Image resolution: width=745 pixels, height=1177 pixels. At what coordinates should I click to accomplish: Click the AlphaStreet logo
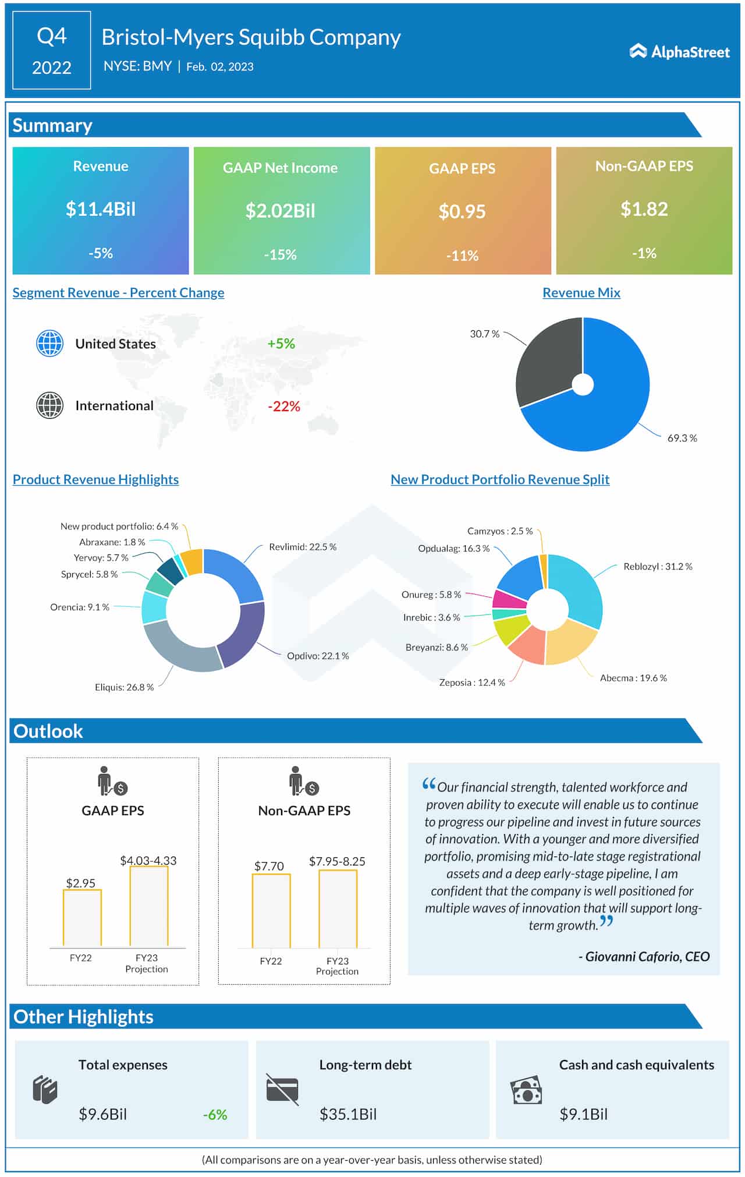click(x=679, y=52)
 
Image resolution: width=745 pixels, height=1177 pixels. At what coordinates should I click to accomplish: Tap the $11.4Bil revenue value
click(x=101, y=209)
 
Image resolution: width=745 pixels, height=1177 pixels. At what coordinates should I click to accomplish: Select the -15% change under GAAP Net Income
click(x=280, y=255)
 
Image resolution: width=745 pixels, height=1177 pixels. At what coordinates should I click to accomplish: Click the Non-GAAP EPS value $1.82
click(x=644, y=209)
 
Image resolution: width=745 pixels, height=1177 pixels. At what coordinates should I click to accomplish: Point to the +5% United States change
click(x=281, y=344)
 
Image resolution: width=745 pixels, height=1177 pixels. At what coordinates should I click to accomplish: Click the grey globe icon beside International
click(x=50, y=405)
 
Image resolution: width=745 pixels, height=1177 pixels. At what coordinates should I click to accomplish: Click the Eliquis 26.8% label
click(x=124, y=687)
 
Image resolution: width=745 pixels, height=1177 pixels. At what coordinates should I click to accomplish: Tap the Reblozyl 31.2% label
click(x=658, y=566)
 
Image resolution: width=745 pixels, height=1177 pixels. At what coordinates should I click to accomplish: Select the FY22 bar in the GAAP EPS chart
click(x=82, y=918)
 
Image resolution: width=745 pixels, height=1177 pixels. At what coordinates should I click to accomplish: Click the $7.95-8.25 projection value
click(x=337, y=861)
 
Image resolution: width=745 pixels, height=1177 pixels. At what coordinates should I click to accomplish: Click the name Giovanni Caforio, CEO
click(x=644, y=956)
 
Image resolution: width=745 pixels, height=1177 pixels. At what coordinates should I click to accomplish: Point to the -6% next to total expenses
click(x=215, y=1114)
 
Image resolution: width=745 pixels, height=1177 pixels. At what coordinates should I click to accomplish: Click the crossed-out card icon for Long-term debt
click(x=282, y=1089)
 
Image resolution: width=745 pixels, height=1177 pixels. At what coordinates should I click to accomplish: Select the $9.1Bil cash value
click(x=583, y=1114)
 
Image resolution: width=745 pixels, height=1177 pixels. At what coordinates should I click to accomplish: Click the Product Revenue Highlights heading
click(x=95, y=479)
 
